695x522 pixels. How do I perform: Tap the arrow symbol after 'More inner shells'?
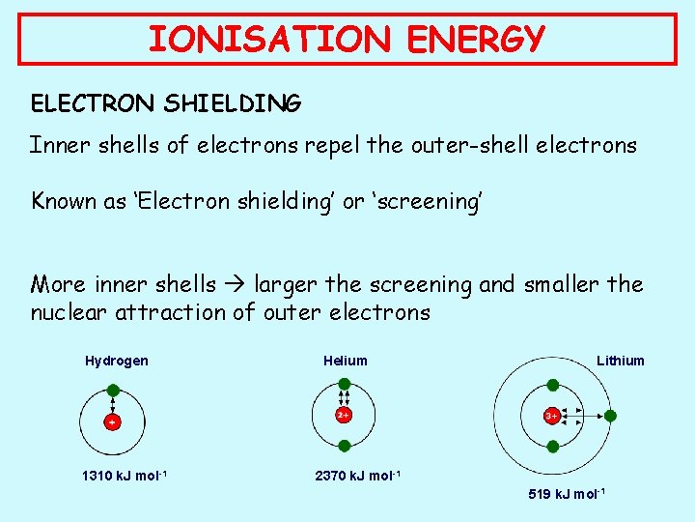(236, 285)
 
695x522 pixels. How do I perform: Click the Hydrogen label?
(117, 361)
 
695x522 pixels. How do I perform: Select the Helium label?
(346, 361)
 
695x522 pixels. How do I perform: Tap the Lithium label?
(620, 361)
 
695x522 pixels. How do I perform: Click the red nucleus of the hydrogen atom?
(113, 422)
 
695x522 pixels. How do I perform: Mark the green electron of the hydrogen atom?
(113, 391)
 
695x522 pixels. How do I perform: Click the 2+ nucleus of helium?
(343, 415)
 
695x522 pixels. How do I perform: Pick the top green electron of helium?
(344, 385)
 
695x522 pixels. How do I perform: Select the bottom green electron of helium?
(344, 445)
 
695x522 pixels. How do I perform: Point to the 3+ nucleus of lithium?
(551, 416)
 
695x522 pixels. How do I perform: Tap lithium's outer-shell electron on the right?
(610, 416)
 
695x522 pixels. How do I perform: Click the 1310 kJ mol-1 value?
(124, 476)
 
